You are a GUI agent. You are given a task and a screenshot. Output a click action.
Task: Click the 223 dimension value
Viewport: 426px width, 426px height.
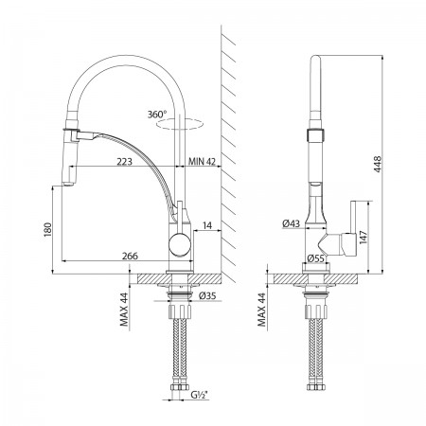(x=124, y=162)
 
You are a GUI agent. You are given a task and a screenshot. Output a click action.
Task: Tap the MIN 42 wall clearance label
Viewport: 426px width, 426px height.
(x=202, y=162)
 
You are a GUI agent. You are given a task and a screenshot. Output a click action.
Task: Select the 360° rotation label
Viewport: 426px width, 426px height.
(x=157, y=115)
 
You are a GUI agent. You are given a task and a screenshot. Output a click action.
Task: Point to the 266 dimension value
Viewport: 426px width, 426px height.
(x=130, y=256)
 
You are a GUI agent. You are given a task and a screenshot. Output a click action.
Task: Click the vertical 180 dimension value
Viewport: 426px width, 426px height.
(x=47, y=229)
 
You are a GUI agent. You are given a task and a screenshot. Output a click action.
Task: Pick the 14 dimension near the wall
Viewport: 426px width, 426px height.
(x=207, y=225)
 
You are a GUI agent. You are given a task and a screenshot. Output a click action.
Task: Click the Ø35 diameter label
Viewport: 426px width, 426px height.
(x=207, y=296)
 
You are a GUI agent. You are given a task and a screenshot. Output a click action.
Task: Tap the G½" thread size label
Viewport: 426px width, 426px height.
(x=200, y=395)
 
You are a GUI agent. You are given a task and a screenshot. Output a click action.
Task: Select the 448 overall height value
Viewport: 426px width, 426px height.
(x=378, y=164)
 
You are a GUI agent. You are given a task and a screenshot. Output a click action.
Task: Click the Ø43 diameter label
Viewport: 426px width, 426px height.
(x=291, y=223)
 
